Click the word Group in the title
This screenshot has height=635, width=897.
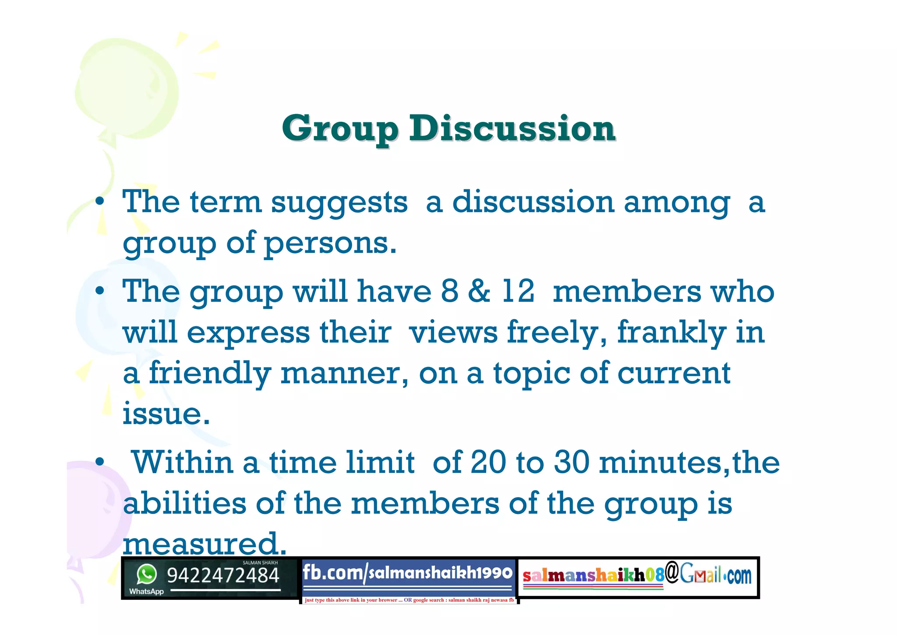[x=340, y=129]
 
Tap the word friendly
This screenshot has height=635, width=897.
[x=210, y=373]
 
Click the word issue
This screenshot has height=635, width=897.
[x=166, y=414]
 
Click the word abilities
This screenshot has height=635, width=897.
[x=184, y=503]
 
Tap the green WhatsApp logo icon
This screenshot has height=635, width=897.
[x=146, y=574]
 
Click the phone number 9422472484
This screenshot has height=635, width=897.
[x=223, y=575]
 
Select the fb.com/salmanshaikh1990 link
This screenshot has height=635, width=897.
[x=407, y=573]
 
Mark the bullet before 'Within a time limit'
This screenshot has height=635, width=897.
[x=100, y=462]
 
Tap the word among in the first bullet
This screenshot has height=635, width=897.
[x=677, y=203]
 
